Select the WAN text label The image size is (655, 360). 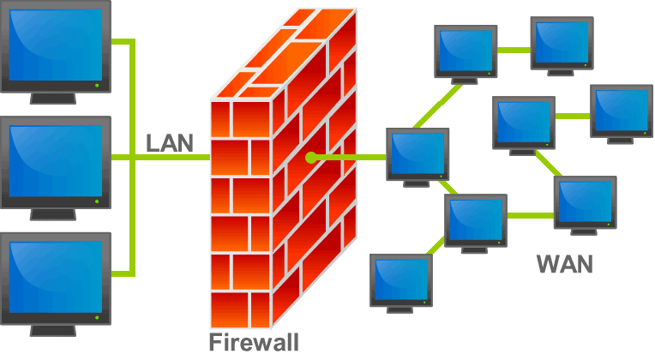click(x=563, y=263)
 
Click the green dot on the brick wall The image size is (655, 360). click(x=310, y=158)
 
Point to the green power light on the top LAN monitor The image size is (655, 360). click(x=97, y=85)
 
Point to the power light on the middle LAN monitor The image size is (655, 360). click(x=97, y=202)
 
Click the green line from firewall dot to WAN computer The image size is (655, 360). click(x=352, y=158)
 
